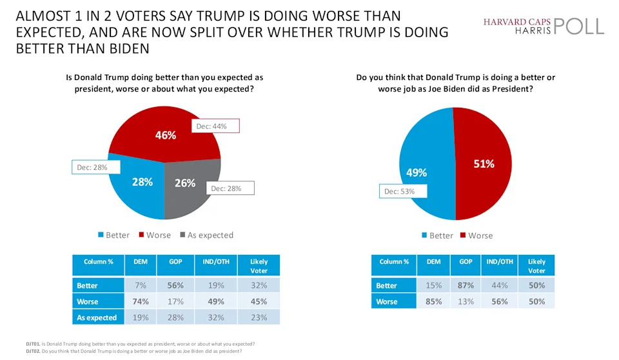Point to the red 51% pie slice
pos(483,164)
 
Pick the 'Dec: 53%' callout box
pos(399,192)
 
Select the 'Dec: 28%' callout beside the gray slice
pos(230,188)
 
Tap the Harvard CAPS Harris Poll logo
pos(544,26)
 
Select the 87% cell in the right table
pos(466,285)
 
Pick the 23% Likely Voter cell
pos(258,317)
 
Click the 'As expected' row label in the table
pos(97,317)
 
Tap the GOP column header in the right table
pos(466,262)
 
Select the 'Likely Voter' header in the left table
pos(258,266)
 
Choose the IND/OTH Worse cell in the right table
pos(500,301)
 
